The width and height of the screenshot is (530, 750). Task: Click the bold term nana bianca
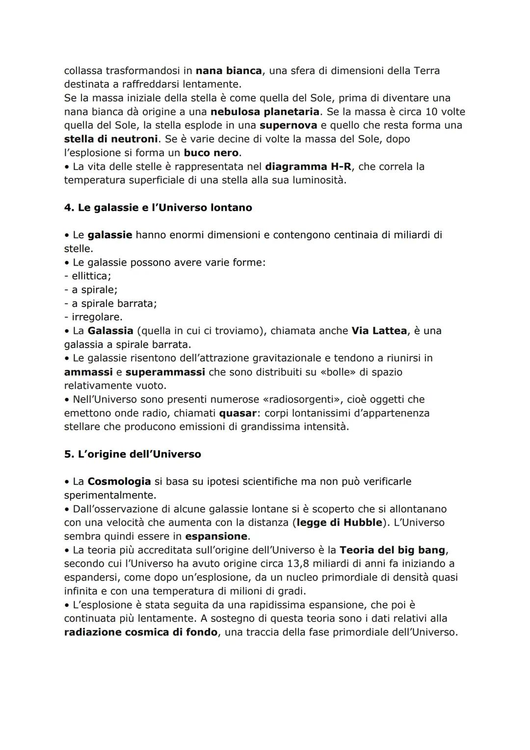tap(229, 71)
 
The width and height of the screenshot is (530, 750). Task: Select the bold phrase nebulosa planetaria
tap(265, 112)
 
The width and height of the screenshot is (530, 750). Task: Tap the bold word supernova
tap(288, 125)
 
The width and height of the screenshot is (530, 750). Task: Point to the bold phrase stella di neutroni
tap(111, 139)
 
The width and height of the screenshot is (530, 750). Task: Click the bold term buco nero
tap(211, 153)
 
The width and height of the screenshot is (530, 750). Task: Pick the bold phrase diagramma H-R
tap(308, 167)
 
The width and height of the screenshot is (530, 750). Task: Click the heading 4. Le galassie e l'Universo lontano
tap(158, 208)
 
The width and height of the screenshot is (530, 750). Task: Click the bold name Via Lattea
tap(379, 331)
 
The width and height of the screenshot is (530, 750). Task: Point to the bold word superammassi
tap(165, 372)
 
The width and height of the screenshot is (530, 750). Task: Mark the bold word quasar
tap(238, 413)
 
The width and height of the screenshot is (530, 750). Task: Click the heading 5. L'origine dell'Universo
tap(132, 454)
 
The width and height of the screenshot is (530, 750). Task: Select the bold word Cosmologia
tap(119, 482)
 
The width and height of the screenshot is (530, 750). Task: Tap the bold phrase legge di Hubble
tap(338, 523)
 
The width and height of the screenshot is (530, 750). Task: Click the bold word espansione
tap(216, 536)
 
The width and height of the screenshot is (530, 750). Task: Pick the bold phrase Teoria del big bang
tap(392, 550)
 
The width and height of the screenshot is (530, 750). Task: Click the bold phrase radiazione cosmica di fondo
tap(140, 632)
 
